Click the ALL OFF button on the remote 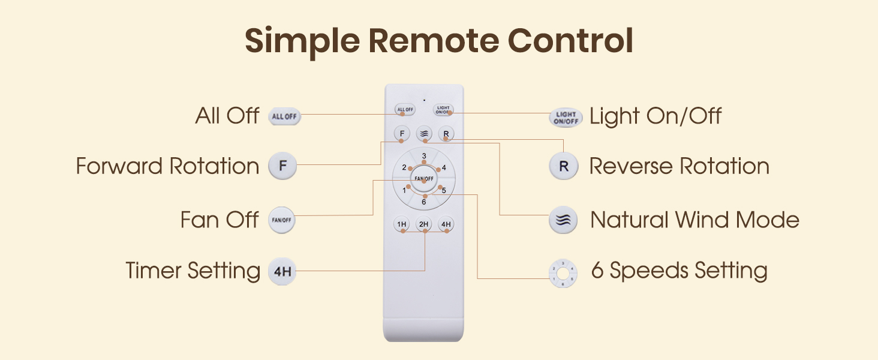click(x=405, y=110)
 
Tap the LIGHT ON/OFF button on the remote click(x=443, y=110)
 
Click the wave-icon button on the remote click(x=424, y=133)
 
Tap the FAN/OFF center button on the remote click(x=424, y=179)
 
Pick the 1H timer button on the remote click(x=402, y=224)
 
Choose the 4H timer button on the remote click(x=446, y=224)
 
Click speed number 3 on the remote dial click(x=424, y=157)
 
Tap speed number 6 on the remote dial click(x=424, y=202)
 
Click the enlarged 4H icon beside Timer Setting click(x=282, y=271)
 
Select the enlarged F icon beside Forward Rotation click(x=282, y=166)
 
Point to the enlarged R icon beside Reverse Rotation click(x=563, y=166)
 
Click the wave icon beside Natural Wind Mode click(x=563, y=220)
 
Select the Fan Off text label click(x=220, y=220)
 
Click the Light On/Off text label click(x=656, y=116)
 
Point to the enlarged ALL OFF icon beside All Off click(x=284, y=116)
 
